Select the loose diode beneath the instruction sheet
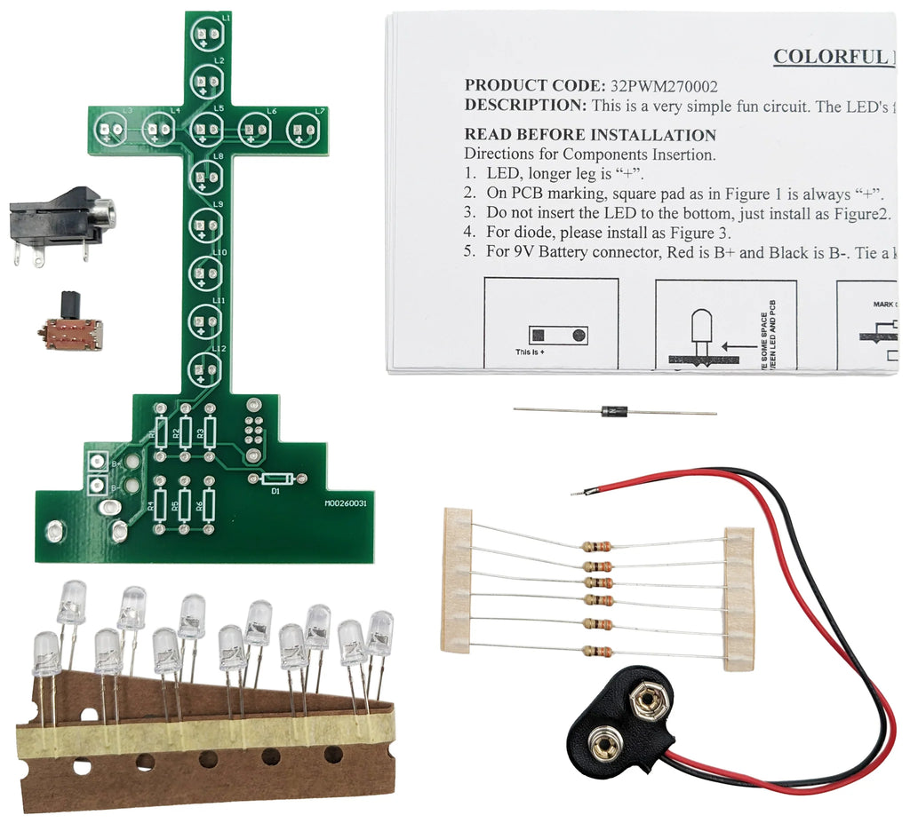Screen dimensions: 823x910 [612, 410]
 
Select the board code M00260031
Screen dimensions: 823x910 [347, 503]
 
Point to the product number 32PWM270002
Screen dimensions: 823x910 [663, 85]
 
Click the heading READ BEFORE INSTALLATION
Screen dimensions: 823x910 [590, 135]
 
